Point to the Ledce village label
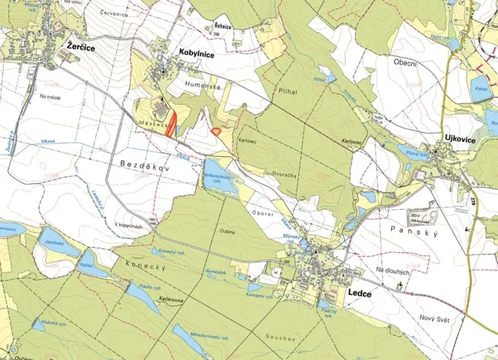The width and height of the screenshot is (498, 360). (360, 294)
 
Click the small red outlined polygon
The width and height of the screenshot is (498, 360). (217, 132)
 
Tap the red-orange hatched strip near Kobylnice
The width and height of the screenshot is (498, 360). (171, 123)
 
